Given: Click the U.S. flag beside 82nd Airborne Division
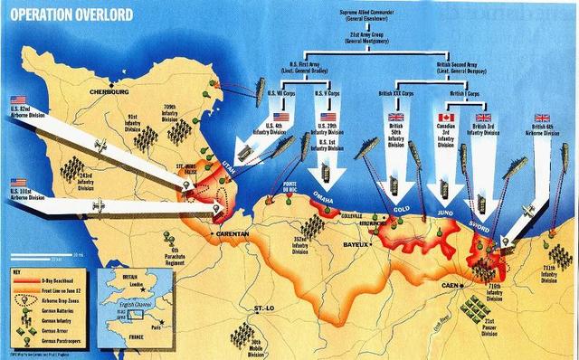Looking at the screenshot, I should click(x=18, y=100).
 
